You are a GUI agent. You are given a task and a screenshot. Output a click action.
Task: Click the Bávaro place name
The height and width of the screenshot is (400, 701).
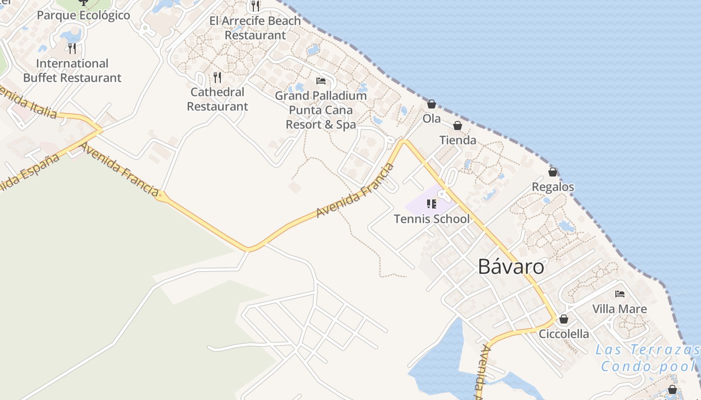[511, 267]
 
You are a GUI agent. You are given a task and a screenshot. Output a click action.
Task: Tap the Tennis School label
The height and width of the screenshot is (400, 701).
[432, 219]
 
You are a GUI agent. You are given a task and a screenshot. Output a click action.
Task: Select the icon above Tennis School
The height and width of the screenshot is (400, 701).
[432, 203]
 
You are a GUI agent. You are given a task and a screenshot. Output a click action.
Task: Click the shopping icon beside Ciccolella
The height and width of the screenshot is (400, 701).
[564, 319]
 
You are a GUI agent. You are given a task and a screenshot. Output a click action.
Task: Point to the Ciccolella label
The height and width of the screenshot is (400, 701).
[564, 334]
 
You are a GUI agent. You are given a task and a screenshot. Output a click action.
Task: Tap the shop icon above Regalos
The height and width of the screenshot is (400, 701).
[553, 172]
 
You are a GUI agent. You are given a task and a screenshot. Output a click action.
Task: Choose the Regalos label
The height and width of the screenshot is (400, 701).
[553, 187]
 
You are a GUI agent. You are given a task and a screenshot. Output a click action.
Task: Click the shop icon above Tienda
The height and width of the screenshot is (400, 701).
[458, 125]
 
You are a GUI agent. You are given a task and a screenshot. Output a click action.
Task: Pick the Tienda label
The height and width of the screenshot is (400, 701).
[458, 140]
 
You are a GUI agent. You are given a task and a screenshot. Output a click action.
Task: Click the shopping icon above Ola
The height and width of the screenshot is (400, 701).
[431, 104]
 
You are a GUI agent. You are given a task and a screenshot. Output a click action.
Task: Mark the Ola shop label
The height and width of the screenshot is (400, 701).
[432, 118]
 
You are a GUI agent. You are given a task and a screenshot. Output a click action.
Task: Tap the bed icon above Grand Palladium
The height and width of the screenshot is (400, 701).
[321, 81]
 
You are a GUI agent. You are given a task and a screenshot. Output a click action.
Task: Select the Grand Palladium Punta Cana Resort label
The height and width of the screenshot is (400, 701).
[321, 110]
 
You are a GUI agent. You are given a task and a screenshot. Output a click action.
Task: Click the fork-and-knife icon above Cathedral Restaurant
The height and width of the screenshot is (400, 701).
[217, 77]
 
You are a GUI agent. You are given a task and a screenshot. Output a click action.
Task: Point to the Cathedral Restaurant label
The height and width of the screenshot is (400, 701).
[217, 99]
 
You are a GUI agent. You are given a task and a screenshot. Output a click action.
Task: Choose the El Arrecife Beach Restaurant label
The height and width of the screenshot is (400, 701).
[255, 28]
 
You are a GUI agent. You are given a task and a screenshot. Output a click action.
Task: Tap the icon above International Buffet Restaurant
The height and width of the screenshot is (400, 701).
[72, 48]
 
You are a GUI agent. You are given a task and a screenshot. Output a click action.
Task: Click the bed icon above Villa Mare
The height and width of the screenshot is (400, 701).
[620, 294]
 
